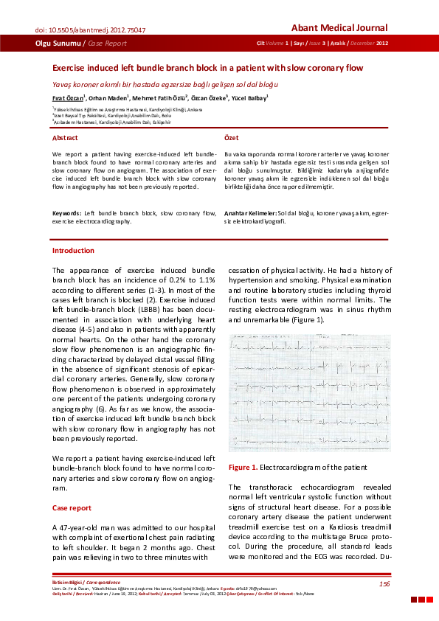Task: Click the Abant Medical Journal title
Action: point(339,28)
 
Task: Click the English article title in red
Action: point(207,68)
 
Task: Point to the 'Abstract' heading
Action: point(65,138)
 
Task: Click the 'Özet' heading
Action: point(231,138)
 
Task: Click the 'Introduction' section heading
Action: point(73,251)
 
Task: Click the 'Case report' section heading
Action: point(72,508)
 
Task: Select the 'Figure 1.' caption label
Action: point(243,468)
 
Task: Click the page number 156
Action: point(384,584)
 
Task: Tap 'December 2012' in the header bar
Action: point(366,44)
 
